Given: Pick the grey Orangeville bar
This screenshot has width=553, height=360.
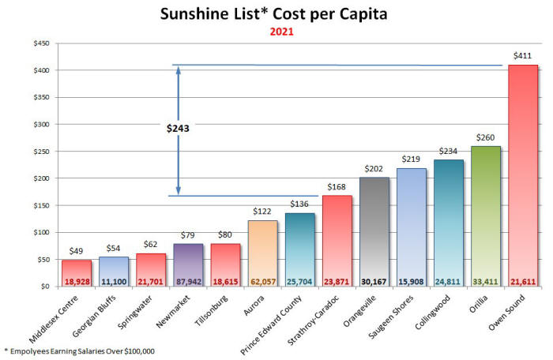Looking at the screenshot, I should [x=374, y=229].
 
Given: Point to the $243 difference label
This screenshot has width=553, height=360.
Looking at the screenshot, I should [x=178, y=128].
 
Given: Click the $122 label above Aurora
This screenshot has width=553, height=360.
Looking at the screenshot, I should [x=262, y=212].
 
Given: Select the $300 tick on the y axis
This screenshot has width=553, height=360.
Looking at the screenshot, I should [x=39, y=125].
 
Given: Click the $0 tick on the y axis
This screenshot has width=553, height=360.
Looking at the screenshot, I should [x=44, y=287].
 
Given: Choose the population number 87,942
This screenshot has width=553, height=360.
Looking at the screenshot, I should [x=188, y=280].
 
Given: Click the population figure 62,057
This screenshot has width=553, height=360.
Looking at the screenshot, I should [x=263, y=280].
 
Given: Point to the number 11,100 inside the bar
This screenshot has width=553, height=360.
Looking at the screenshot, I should [x=114, y=280].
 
